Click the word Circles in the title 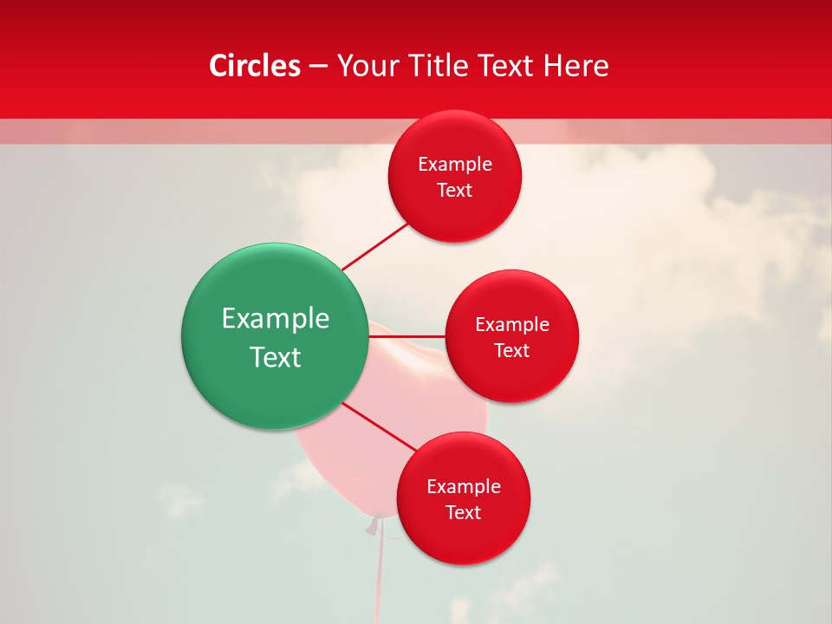click(x=254, y=66)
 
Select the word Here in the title click(x=575, y=66)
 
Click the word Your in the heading click(x=367, y=66)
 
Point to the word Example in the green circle click(x=276, y=319)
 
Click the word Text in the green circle click(x=276, y=357)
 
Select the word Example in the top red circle click(x=455, y=165)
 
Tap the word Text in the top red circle click(x=455, y=191)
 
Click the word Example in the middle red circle click(x=512, y=325)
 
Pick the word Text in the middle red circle click(x=512, y=351)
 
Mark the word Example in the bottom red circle click(x=464, y=487)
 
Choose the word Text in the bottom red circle click(x=464, y=513)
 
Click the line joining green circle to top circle click(x=374, y=247)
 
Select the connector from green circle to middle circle click(x=407, y=336)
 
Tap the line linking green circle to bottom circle click(x=380, y=426)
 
